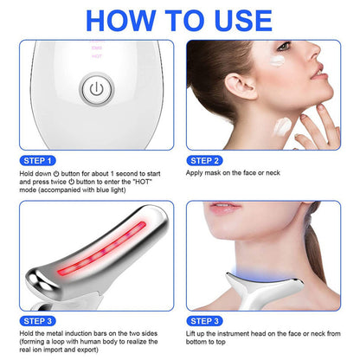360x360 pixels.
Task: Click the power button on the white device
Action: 95,89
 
